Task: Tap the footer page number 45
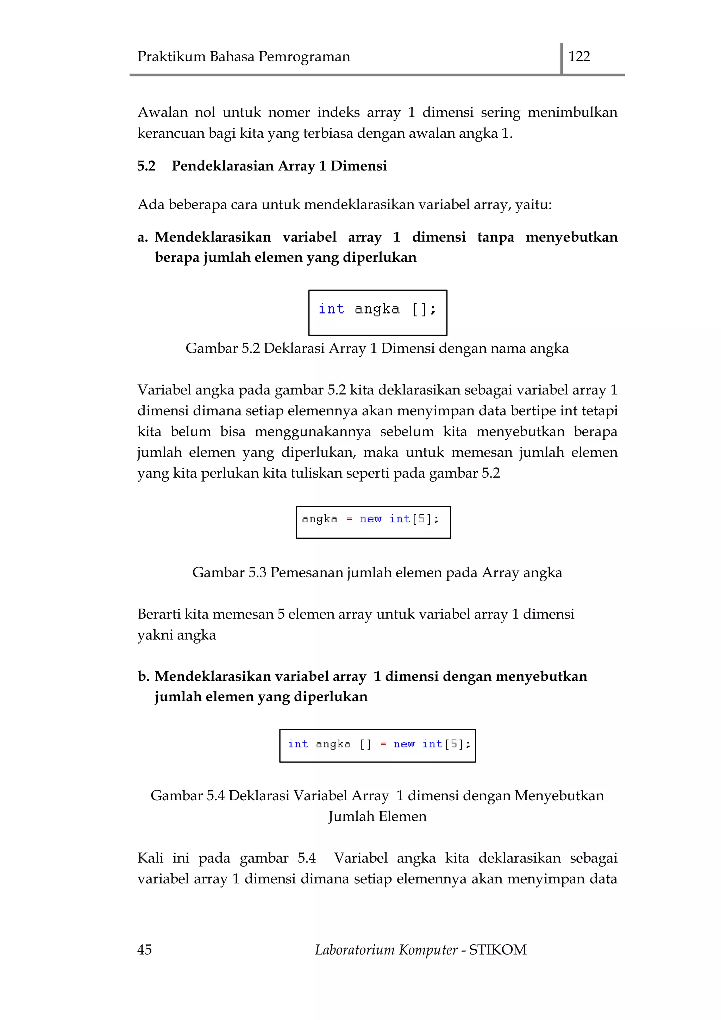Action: tap(144, 950)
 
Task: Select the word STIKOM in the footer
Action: tap(498, 950)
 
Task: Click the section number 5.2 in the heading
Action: tap(146, 166)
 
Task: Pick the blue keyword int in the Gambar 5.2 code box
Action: tap(331, 309)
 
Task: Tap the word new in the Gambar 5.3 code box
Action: tap(370, 519)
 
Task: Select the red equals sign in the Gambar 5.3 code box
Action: tap(349, 519)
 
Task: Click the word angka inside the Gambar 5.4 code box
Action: tap(333, 744)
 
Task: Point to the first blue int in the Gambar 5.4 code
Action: tap(297, 744)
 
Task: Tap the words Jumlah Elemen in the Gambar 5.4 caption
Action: tap(377, 816)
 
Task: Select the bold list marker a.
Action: tap(142, 237)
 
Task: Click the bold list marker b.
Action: tap(143, 676)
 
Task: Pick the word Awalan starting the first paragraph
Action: tap(163, 112)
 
